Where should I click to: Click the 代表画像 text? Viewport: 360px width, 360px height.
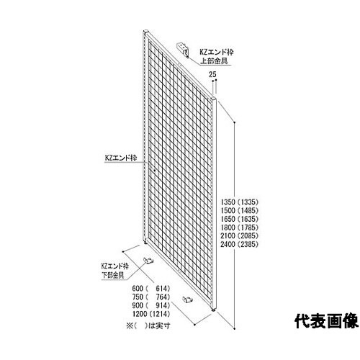click(326, 321)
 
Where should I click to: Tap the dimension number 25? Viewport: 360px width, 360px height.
click(212, 74)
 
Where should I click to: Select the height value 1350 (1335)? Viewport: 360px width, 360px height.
click(240, 202)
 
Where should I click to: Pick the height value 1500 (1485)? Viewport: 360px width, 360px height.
click(240, 210)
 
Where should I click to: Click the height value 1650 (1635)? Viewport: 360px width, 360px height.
click(240, 219)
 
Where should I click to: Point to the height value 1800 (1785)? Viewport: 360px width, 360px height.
click(240, 228)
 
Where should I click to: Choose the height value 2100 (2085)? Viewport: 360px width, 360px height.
click(240, 235)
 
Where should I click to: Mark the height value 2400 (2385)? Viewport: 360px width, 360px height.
click(240, 244)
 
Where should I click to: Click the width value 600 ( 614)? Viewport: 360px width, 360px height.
click(151, 288)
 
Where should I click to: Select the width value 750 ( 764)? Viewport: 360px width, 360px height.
click(151, 297)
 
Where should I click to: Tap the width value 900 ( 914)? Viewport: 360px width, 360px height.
click(151, 305)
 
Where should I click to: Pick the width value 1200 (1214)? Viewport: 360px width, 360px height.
click(151, 314)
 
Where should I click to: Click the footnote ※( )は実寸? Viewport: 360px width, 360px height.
click(148, 325)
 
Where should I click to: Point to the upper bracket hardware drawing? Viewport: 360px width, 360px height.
click(183, 50)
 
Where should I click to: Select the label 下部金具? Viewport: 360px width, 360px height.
click(112, 275)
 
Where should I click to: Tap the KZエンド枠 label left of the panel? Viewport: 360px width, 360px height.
click(121, 158)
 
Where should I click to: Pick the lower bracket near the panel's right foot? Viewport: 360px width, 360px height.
click(188, 300)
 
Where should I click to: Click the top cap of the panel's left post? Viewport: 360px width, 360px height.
click(146, 32)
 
